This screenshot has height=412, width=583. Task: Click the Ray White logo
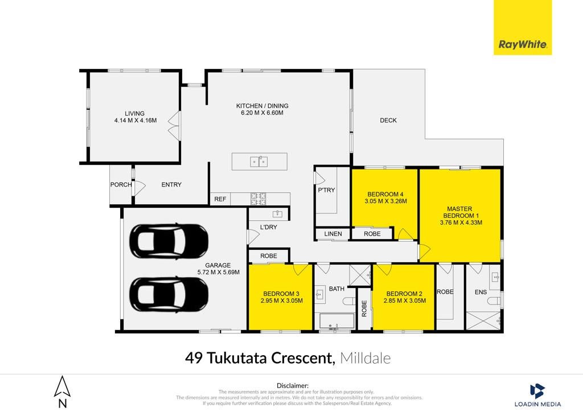(x=523, y=27)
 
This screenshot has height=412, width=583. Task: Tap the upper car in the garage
(x=169, y=241)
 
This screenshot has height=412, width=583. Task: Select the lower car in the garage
(x=169, y=295)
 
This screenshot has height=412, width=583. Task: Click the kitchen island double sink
(x=259, y=162)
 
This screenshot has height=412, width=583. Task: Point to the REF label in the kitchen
(x=220, y=199)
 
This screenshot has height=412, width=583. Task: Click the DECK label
(x=388, y=121)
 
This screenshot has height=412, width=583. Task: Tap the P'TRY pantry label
(x=326, y=190)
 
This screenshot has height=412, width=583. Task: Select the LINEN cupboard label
(x=332, y=234)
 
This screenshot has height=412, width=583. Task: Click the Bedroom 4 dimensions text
(x=385, y=201)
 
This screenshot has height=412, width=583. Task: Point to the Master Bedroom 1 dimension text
(x=461, y=223)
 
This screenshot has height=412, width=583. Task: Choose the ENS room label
(x=481, y=292)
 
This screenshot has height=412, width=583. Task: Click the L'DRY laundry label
(x=269, y=227)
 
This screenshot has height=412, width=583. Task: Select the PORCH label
(x=121, y=184)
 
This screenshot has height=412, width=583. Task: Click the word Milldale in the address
(x=365, y=358)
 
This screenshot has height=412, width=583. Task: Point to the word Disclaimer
(x=292, y=386)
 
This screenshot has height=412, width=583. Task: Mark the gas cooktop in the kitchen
(x=258, y=199)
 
